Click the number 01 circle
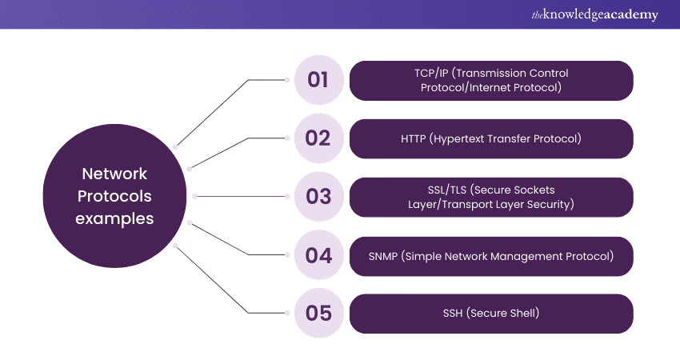(318, 80)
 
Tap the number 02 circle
(318, 138)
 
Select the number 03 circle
(318, 197)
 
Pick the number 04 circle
(318, 255)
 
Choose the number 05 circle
(318, 313)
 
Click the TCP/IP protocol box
(491, 81)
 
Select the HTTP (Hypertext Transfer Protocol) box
(491, 138)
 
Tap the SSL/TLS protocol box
(491, 197)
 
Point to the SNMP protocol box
(491, 256)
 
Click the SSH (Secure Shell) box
(491, 314)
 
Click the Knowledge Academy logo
(594, 14)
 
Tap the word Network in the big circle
(114, 174)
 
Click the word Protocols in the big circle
(114, 196)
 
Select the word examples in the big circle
(114, 219)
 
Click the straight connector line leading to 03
(241, 197)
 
